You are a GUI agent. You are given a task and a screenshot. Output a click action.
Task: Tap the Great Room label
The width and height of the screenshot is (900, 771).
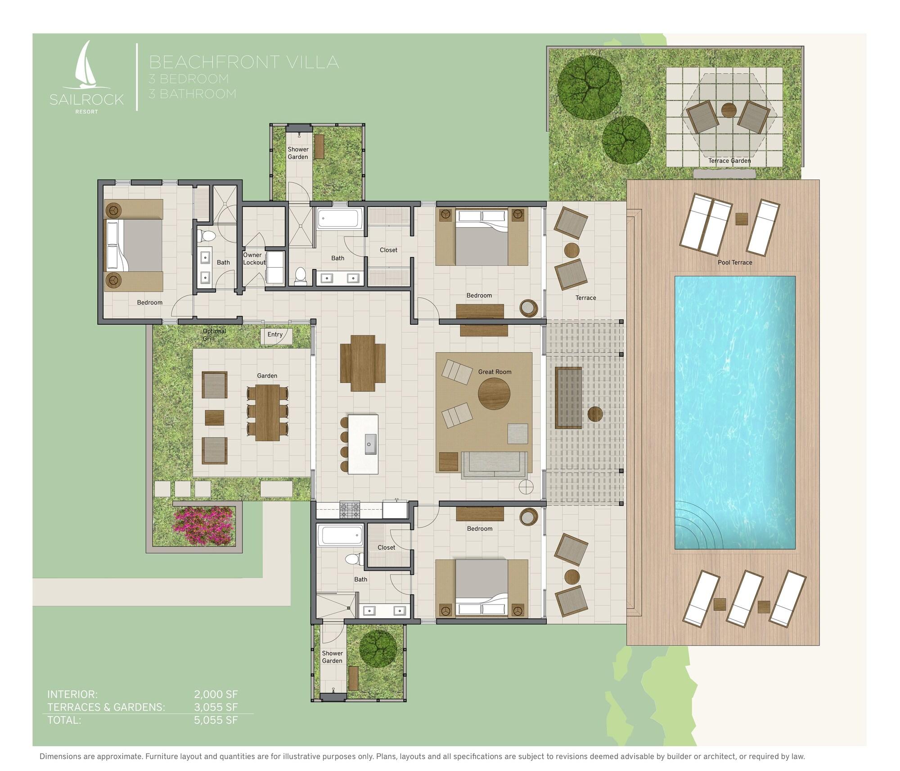tap(495, 372)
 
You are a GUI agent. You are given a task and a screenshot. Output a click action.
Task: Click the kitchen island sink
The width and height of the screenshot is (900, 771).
tap(370, 444)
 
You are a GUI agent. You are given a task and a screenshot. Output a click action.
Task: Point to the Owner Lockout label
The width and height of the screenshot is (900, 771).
tap(254, 259)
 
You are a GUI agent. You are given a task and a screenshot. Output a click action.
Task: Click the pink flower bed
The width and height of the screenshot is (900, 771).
tap(204, 524)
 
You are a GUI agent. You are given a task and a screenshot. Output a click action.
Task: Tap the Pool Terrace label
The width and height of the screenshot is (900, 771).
tap(735, 262)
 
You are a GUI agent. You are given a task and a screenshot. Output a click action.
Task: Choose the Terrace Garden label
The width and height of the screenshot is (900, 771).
tap(729, 161)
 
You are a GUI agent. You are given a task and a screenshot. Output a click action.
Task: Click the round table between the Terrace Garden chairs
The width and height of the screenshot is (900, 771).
tap(729, 110)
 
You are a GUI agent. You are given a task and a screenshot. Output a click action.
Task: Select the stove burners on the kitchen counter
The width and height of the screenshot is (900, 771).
tap(350, 510)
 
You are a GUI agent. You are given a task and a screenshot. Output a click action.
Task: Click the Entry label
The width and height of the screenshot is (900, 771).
tap(275, 335)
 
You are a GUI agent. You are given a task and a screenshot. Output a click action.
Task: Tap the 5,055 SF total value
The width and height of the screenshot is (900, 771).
tap(216, 720)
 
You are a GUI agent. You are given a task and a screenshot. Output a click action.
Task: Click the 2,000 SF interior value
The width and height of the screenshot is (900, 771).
tap(216, 694)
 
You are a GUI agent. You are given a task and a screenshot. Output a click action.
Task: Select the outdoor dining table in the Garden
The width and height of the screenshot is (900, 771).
tap(268, 413)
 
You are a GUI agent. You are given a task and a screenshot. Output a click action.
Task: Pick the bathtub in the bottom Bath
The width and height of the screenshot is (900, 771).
tap(340, 535)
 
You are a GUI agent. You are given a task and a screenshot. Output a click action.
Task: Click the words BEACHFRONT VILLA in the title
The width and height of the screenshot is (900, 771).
tap(244, 62)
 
